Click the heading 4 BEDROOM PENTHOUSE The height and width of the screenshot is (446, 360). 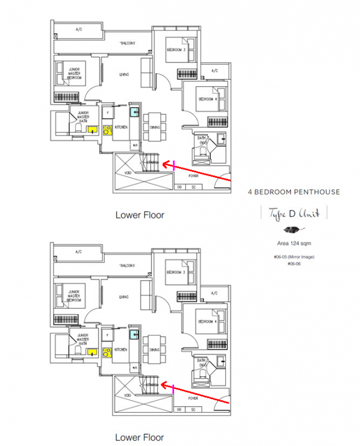pyautogui.click(x=293, y=192)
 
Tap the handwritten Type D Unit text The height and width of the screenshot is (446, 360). pyautogui.click(x=293, y=213)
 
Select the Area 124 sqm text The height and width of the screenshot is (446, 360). pyautogui.click(x=293, y=244)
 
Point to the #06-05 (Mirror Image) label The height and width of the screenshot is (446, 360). pyautogui.click(x=293, y=257)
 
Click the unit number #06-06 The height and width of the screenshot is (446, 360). pyautogui.click(x=293, y=264)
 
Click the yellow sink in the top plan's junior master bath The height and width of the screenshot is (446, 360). pyautogui.click(x=93, y=128)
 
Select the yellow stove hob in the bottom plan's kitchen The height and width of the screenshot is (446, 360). pyautogui.click(x=108, y=352)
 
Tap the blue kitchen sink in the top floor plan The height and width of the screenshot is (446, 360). pyautogui.click(x=135, y=109)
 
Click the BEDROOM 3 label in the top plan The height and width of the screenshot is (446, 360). pyautogui.click(x=176, y=49)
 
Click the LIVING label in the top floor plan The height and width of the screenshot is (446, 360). pyautogui.click(x=124, y=74)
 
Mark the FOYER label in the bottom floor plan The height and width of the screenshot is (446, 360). pyautogui.click(x=194, y=398)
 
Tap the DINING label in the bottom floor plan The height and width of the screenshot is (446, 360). pyautogui.click(x=154, y=351)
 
